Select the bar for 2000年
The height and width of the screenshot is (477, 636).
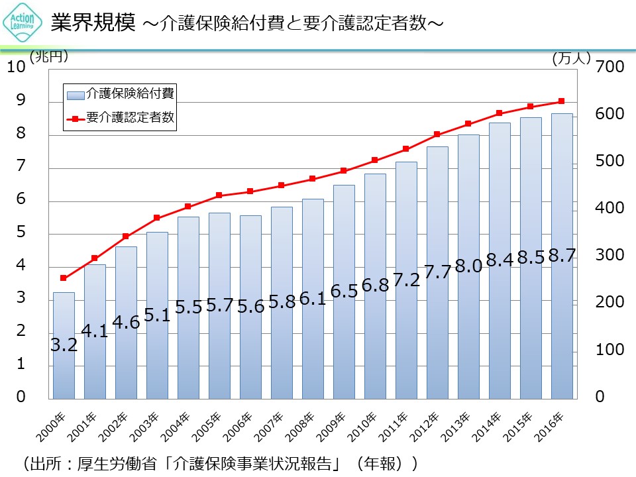pos(64,344)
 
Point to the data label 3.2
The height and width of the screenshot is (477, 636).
pos(64,344)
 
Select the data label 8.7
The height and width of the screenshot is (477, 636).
pos(562,256)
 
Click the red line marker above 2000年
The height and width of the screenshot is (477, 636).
pos(64,278)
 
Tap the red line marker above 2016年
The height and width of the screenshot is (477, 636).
pos(562,101)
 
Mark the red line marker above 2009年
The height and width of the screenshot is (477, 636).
pos(344,171)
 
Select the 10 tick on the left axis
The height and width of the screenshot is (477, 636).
pos(17,67)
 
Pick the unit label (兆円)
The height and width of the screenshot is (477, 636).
pos(49,57)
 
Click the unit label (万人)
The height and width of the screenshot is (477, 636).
pos(570,58)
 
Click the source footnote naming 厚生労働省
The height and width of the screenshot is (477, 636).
pos(219,463)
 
